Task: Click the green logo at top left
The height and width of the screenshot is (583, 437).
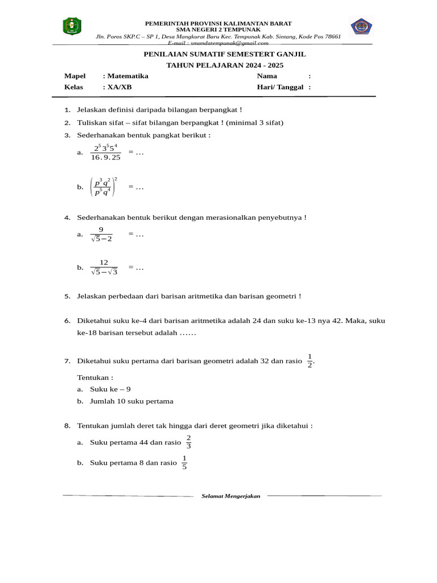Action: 72,26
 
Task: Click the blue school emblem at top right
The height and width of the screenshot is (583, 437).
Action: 361,27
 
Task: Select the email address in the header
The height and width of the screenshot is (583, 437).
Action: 221,43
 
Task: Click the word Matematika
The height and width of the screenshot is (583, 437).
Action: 127,76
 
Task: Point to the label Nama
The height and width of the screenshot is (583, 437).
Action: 267,76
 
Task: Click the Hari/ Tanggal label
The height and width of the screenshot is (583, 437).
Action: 280,87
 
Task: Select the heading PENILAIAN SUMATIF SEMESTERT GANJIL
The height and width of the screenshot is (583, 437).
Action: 224,54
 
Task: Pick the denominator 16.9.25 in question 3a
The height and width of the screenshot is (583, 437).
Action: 106,158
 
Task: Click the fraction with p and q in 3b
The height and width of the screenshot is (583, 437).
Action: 102,187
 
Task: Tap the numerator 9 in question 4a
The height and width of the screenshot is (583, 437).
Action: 101,229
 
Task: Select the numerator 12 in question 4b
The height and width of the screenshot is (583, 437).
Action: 104,262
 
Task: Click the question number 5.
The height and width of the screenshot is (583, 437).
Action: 67,296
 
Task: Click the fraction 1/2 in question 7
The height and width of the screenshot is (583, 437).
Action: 310,360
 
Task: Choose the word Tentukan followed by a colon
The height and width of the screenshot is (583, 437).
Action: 95,377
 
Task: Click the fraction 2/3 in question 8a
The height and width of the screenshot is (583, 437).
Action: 189,442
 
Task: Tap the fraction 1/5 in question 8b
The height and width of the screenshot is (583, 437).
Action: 184,463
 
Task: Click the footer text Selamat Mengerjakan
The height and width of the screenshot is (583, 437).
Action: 230,496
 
